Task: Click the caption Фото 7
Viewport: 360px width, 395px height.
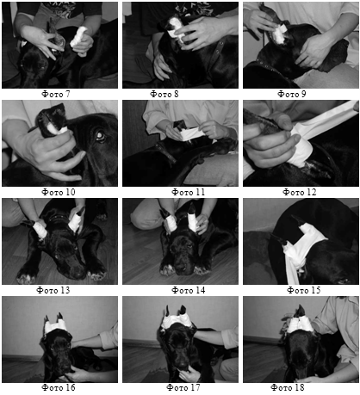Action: coord(56,94)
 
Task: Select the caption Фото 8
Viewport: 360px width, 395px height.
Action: coord(164,94)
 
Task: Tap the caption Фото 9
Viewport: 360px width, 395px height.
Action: coord(292,94)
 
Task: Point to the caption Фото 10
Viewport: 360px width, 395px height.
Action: coord(59,192)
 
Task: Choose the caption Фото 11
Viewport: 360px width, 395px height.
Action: coord(189,192)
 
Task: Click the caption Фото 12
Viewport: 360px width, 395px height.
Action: coord(300,192)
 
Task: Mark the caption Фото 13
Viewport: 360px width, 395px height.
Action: coord(53,290)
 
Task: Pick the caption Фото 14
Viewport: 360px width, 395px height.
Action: coord(189,290)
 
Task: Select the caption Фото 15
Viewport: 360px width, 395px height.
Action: coord(304,290)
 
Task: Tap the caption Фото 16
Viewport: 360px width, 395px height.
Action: coord(59,388)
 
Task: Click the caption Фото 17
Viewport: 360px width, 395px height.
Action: coord(183,388)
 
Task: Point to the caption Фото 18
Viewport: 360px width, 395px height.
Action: coord(288,388)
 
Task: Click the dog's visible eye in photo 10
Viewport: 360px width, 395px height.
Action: coord(101,137)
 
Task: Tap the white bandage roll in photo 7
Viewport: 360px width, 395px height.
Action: coord(79,36)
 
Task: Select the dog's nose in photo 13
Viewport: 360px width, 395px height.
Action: coord(78,273)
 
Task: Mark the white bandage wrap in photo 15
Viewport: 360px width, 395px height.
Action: coord(301,250)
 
